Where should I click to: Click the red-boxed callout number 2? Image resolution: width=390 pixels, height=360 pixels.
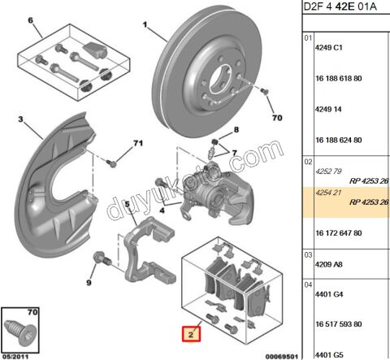click(x=191, y=334)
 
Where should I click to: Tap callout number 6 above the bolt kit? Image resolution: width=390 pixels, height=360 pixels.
click(x=30, y=20)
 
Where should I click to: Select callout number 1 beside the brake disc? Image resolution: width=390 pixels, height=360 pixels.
click(x=145, y=25)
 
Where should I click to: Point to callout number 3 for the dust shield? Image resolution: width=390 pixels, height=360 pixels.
click(x=20, y=119)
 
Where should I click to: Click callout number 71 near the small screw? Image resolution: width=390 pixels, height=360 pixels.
click(x=138, y=143)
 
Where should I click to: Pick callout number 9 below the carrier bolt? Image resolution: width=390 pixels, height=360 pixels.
click(x=89, y=283)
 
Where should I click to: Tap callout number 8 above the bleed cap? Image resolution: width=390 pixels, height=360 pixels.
click(x=236, y=130)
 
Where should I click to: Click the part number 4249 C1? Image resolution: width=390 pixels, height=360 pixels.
click(x=329, y=48)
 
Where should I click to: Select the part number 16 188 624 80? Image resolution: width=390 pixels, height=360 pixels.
click(x=339, y=141)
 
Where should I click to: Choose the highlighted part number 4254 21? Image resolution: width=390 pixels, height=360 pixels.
click(x=328, y=193)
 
